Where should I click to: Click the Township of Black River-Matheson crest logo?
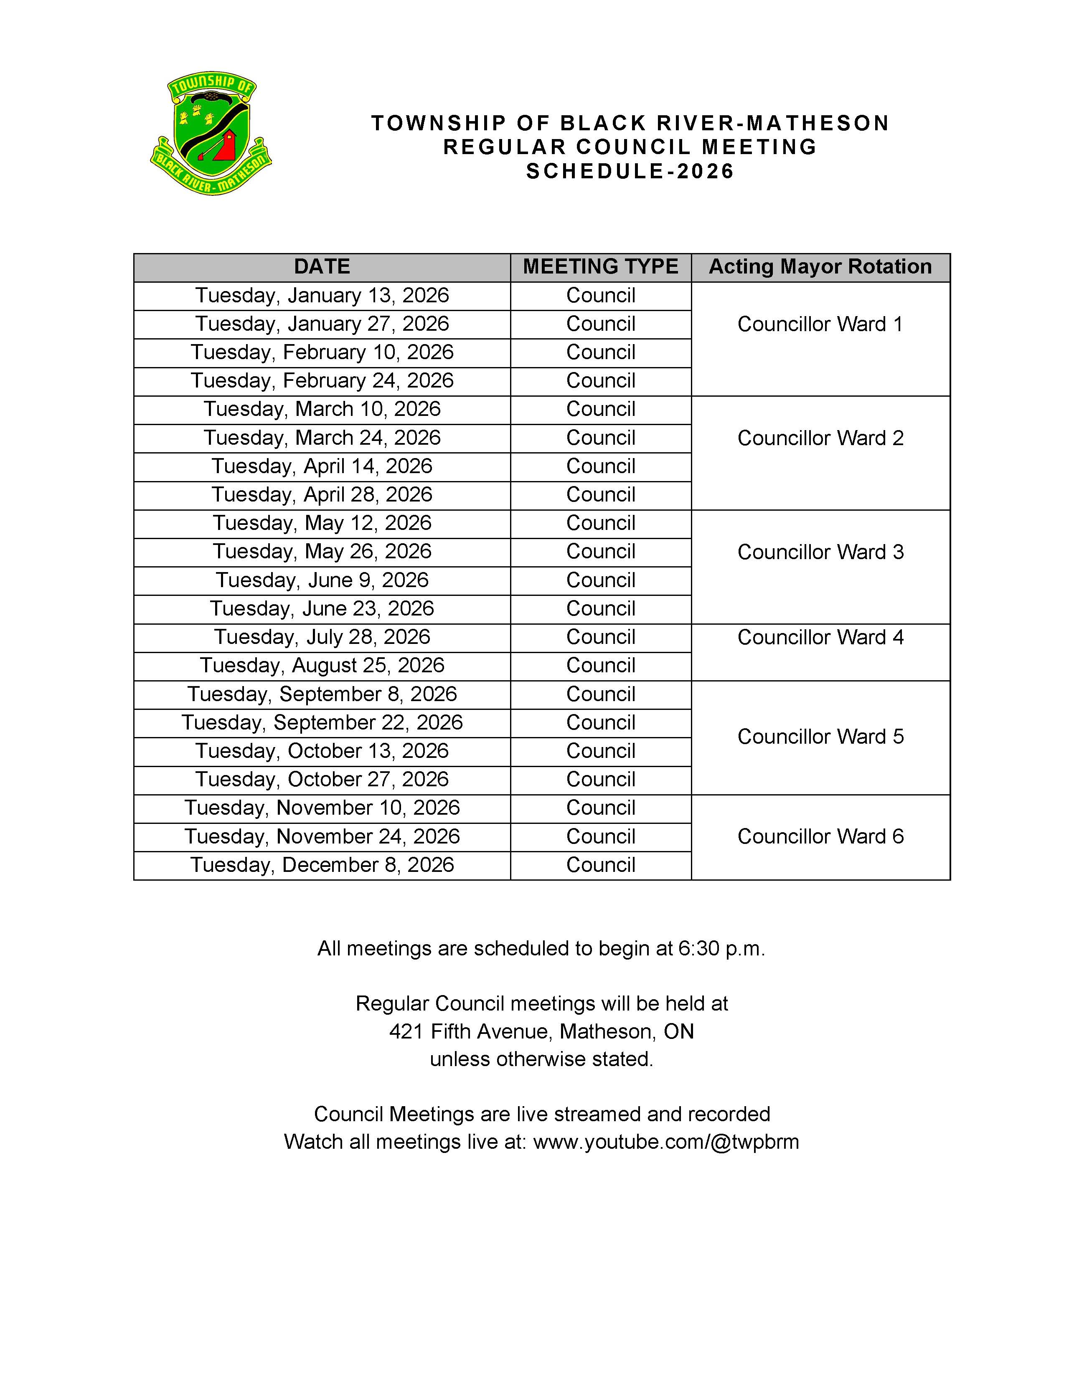coord(211,133)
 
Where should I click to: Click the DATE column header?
coord(322,267)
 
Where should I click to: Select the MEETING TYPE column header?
coord(600,267)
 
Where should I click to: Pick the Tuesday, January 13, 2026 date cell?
coord(322,295)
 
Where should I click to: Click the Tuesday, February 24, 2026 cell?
coord(322,380)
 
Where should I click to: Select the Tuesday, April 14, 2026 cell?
coord(322,466)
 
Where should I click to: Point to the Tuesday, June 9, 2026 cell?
coord(322,580)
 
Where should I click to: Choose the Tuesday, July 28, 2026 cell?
coord(322,637)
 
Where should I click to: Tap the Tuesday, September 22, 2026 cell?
coord(322,722)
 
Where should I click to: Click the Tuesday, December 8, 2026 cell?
coord(322,865)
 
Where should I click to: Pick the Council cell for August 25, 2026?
coord(600,666)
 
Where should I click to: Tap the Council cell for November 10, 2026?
coord(600,808)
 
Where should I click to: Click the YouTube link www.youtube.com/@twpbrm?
coord(666,1142)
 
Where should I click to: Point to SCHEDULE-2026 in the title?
coord(630,172)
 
